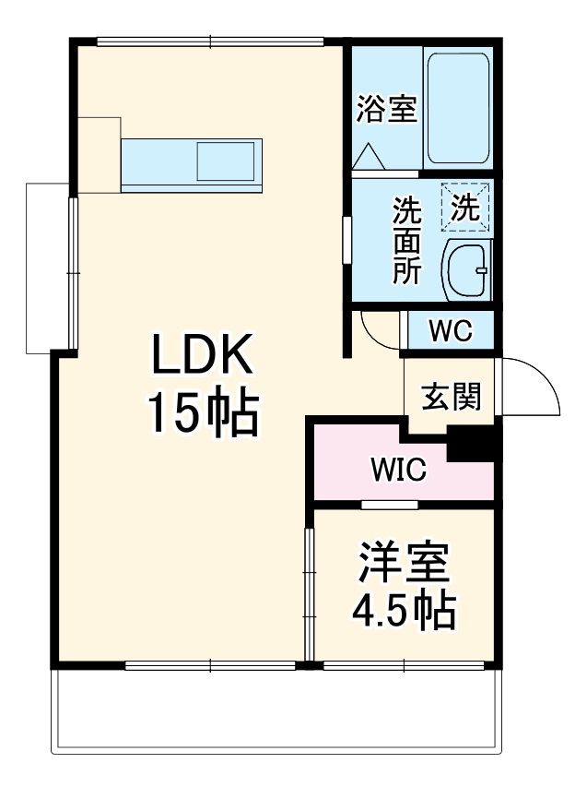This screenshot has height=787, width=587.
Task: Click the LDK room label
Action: pyautogui.click(x=201, y=355)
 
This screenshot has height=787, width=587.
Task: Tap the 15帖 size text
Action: pyautogui.click(x=201, y=415)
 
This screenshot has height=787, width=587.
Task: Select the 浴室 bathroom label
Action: pyautogui.click(x=387, y=110)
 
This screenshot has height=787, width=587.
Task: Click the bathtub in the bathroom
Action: pyautogui.click(x=457, y=108)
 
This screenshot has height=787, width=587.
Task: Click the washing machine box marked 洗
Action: pyautogui.click(x=465, y=208)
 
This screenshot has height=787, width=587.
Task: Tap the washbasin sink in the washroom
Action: pyautogui.click(x=468, y=270)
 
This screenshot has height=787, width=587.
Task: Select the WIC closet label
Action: pyautogui.click(x=398, y=470)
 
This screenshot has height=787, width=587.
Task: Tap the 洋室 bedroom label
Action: pyautogui.click(x=405, y=563)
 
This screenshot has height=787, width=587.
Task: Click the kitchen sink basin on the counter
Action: pyautogui.click(x=225, y=161)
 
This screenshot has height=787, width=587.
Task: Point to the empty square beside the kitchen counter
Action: pyautogui.click(x=99, y=154)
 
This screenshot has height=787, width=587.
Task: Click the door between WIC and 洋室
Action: pyautogui.click(x=389, y=505)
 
